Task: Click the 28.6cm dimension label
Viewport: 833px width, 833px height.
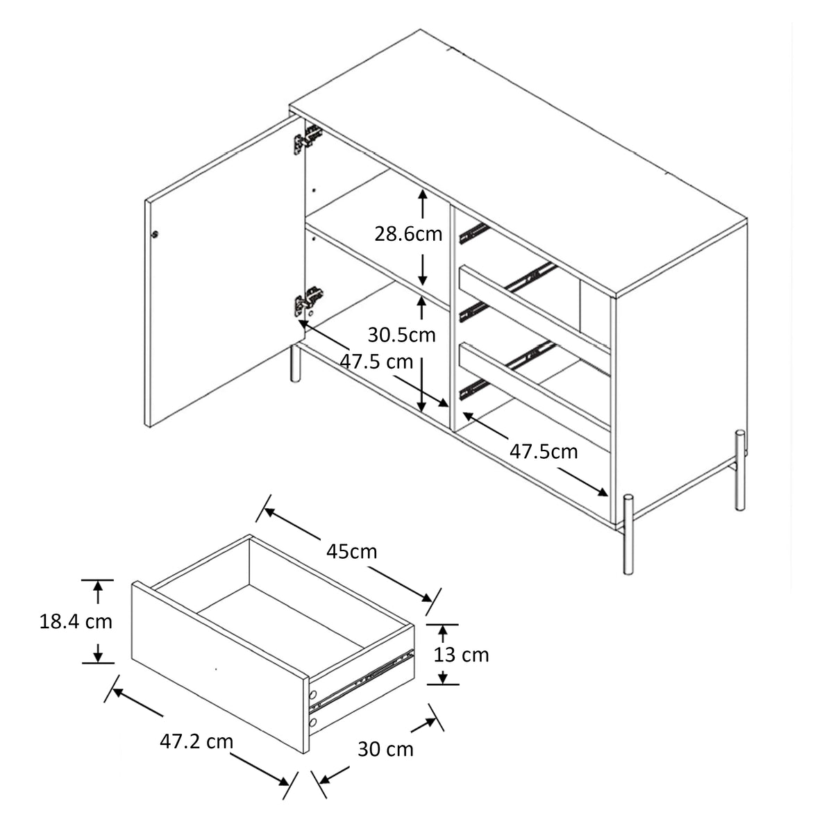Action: [x=408, y=235]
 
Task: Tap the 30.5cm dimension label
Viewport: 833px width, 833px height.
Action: [x=402, y=335]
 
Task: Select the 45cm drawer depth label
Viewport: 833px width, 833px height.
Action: [x=351, y=552]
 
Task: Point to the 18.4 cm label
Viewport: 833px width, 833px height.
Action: [x=76, y=622]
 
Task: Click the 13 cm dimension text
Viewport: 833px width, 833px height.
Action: [x=461, y=655]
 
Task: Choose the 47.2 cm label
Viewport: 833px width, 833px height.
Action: [x=196, y=742]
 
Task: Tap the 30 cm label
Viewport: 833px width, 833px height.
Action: [x=385, y=750]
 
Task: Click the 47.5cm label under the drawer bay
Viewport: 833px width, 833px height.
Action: [x=544, y=452]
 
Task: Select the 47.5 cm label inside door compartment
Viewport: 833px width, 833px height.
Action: [x=376, y=362]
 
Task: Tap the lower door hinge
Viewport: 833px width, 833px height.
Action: [x=309, y=301]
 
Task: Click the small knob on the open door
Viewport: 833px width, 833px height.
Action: [x=155, y=235]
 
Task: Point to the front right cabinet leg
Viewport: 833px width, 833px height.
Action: [x=628, y=535]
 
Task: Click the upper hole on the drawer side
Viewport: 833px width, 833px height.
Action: [x=313, y=695]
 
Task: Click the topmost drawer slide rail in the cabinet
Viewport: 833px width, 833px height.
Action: [x=474, y=233]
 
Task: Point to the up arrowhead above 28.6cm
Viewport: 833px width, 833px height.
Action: [x=422, y=195]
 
